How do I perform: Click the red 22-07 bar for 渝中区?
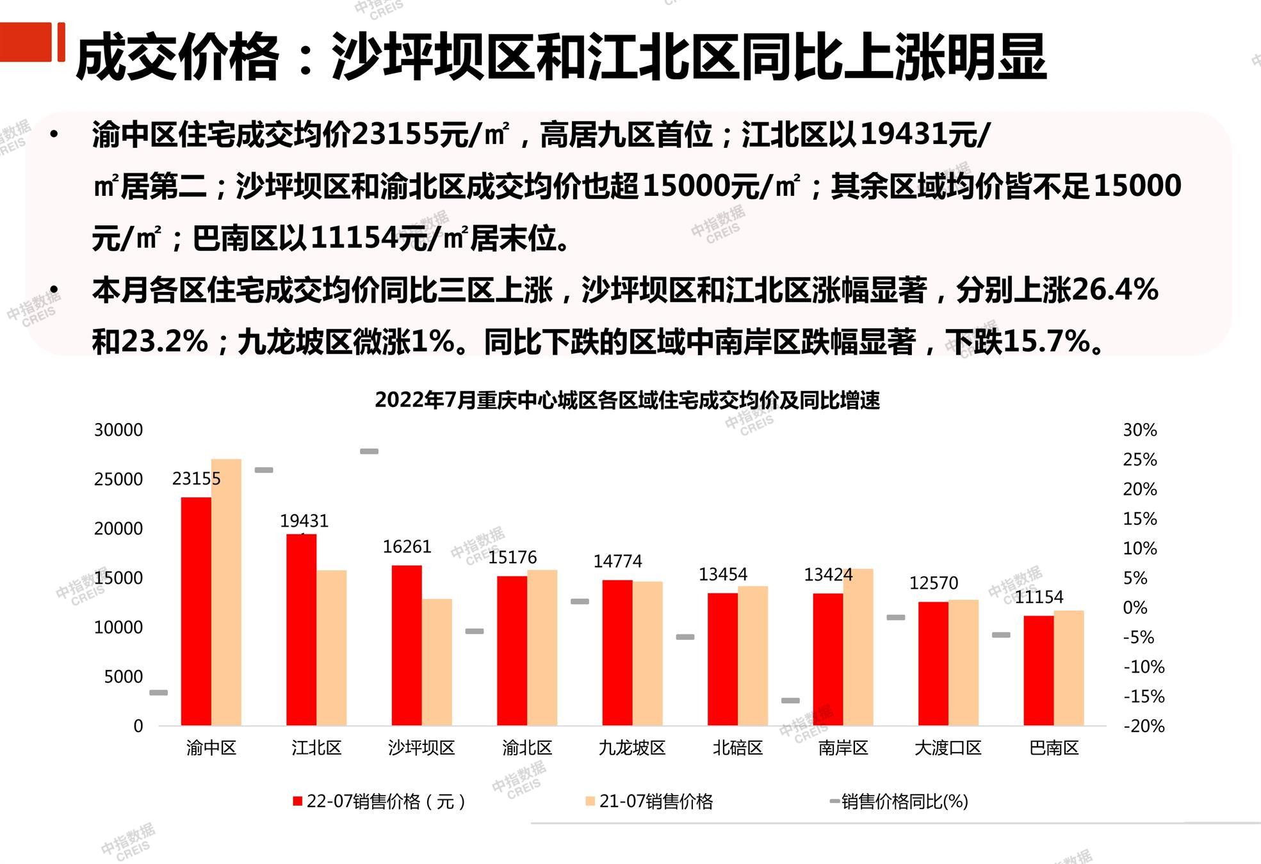196,611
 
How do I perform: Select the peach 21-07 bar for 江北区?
331,648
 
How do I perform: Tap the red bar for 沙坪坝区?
407,645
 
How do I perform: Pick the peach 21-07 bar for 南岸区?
858,647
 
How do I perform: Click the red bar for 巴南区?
1038,670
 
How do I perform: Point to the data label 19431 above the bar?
304,521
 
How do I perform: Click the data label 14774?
617,561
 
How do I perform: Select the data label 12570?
933,583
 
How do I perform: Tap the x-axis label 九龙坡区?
632,748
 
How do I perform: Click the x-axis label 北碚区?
738,748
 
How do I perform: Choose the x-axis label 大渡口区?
948,748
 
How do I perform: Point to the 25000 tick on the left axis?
118,479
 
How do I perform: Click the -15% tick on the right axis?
1144,696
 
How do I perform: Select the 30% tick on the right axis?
1140,430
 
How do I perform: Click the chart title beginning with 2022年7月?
627,400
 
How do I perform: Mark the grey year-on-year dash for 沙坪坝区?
369,451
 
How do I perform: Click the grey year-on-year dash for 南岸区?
790,701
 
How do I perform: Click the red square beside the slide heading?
26,42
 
